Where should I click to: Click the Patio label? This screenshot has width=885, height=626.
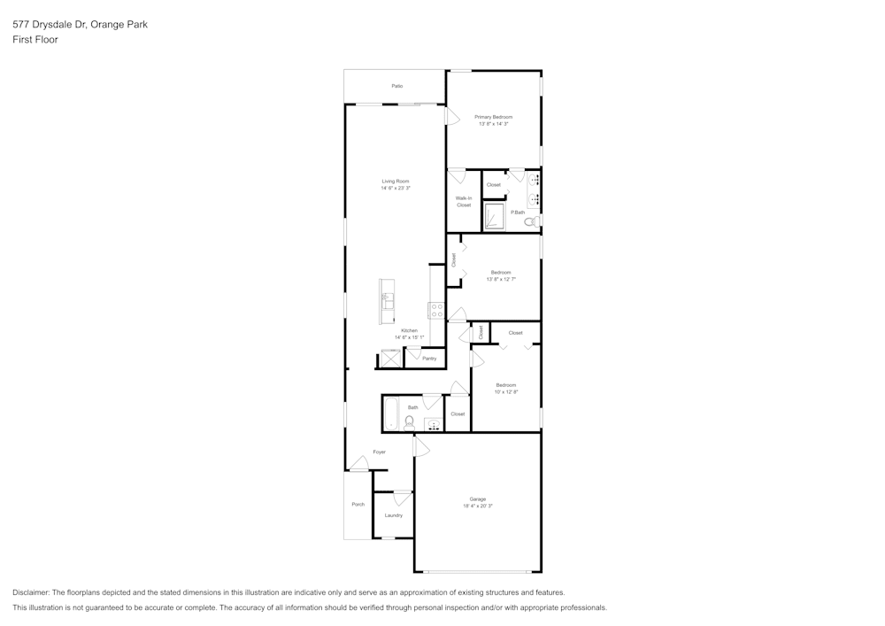[x=397, y=86]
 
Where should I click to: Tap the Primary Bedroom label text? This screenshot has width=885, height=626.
[x=493, y=117]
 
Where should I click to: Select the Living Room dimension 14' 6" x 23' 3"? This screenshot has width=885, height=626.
[x=396, y=189]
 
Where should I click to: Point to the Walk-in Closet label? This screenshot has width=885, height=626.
[x=464, y=202]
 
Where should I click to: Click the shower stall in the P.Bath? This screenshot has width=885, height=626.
[x=493, y=216]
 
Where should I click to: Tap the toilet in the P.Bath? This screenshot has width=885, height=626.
[x=532, y=220]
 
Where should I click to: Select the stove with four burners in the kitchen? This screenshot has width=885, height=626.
[x=437, y=310]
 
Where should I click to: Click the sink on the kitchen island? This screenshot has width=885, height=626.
[x=387, y=301]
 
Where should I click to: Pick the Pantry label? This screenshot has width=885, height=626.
[x=429, y=359]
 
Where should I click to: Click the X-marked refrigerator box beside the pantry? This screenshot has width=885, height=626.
[x=390, y=359]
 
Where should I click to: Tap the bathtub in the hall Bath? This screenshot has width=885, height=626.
[x=391, y=413]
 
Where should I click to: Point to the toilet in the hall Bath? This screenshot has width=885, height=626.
[x=410, y=422]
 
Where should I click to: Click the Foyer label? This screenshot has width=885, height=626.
[x=379, y=452]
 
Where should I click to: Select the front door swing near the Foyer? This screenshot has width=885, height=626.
[x=358, y=463]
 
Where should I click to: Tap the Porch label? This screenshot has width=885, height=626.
[x=358, y=505]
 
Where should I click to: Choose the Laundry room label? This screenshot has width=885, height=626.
[x=394, y=515]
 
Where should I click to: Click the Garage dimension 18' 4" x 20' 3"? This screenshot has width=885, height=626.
[x=478, y=506]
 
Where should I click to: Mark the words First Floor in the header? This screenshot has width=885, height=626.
[x=35, y=40]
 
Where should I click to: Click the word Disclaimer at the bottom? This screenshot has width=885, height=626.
[x=31, y=592]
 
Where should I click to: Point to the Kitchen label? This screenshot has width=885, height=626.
[x=409, y=330]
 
